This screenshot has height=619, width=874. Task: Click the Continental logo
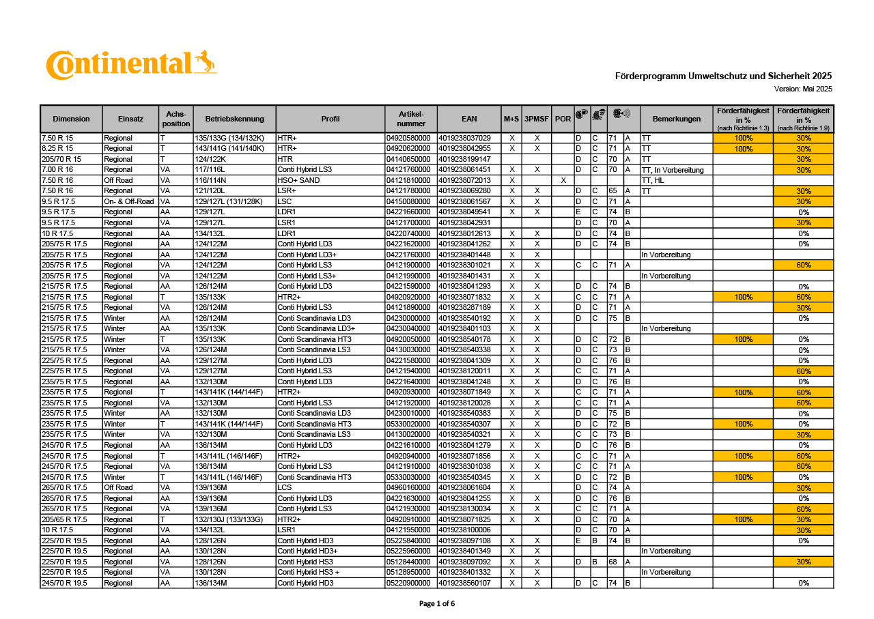131,65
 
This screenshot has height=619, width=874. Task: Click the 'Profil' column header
330,119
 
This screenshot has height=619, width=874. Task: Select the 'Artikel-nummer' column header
411,119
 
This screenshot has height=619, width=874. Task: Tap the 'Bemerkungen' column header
676,119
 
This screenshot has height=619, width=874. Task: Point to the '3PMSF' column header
537,119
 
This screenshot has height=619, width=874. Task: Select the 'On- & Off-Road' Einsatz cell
129,201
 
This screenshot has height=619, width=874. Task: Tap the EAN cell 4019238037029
465,138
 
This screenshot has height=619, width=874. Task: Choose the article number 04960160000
408,487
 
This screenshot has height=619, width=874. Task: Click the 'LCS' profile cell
285,487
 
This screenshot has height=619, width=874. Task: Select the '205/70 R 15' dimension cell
61,159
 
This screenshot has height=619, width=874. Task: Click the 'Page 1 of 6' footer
436,603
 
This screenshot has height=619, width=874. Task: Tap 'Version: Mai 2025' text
803,89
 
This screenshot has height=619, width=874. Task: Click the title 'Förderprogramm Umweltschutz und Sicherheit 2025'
723,76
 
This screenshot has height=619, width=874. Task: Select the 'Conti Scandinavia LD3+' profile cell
316,328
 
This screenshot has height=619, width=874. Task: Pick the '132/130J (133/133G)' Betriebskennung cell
229,519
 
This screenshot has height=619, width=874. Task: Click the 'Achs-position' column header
176,119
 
